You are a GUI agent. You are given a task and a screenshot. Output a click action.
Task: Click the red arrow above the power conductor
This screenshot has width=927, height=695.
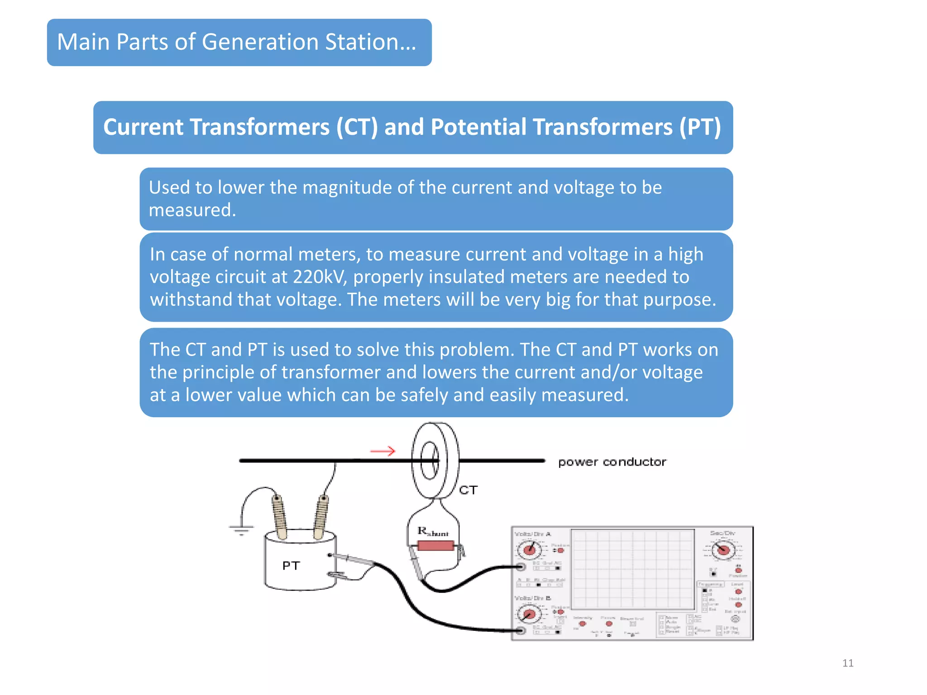point(383,451)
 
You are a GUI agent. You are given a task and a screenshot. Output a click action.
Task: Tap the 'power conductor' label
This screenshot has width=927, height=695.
point(612,462)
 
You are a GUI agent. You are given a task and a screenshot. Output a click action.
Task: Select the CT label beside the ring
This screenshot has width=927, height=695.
point(468,490)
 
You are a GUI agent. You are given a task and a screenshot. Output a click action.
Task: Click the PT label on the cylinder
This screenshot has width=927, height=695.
point(291,566)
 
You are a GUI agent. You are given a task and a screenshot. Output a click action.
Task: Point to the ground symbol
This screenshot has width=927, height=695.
point(241,529)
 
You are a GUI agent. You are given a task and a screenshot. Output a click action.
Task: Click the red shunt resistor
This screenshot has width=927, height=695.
point(435,546)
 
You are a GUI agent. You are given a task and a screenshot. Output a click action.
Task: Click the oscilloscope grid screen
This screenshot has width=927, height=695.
point(632,569)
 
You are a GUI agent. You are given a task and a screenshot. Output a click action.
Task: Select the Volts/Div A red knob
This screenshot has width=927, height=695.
point(530,550)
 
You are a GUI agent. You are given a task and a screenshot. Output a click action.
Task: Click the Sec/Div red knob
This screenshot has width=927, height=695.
point(723,550)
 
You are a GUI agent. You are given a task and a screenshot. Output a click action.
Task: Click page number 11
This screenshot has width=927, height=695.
point(848,663)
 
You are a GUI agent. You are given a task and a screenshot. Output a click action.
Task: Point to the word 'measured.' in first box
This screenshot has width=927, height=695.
point(192,210)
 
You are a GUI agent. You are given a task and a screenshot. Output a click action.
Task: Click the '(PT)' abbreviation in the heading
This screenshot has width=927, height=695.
point(700,127)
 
